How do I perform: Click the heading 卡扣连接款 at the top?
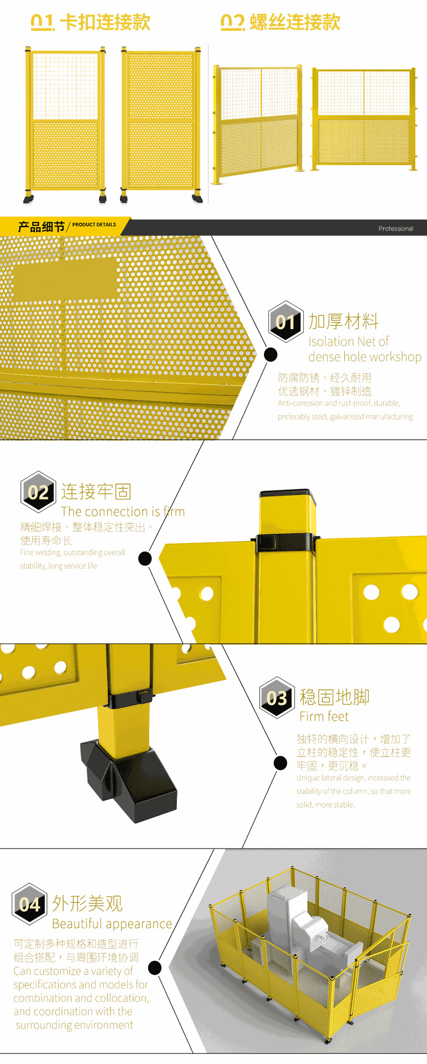click(105, 22)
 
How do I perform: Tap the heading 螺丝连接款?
click(295, 22)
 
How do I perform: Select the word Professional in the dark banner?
click(395, 228)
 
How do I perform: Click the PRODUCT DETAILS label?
click(94, 224)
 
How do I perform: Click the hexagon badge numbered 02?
click(38, 492)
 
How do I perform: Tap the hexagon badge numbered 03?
click(277, 698)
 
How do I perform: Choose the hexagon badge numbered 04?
click(29, 904)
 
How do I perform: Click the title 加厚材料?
click(343, 321)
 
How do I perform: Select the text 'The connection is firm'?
click(123, 511)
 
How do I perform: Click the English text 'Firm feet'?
click(324, 717)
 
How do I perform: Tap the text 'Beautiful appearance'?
click(112, 924)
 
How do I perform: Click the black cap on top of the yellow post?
click(288, 498)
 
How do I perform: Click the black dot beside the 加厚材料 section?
click(271, 355)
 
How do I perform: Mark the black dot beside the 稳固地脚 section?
click(281, 763)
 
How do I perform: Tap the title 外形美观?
click(88, 903)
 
